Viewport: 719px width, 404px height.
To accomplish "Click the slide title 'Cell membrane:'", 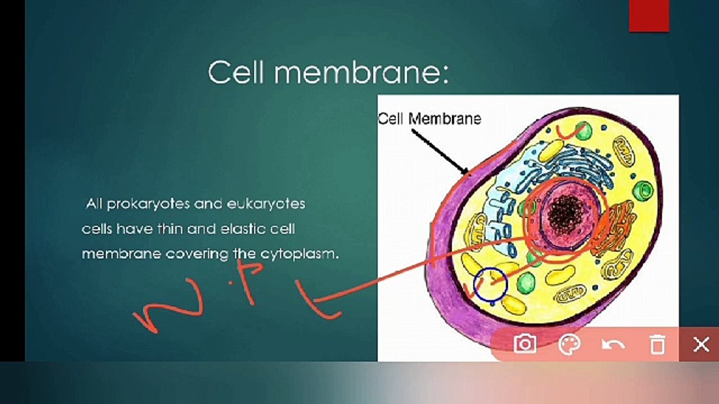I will pos(328,73).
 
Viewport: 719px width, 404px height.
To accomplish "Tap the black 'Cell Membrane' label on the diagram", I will pos(429,119).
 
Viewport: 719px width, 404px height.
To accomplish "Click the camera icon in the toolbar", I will pos(525,343).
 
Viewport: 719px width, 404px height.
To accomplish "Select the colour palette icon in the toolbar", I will pos(570,344).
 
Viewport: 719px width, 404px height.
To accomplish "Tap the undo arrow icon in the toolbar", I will pos(613,344).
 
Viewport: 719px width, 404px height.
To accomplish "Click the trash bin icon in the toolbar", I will pos(657,344).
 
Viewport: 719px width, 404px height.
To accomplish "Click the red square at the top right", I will pos(649,16).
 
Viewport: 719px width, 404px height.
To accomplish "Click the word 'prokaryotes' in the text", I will pos(147,204).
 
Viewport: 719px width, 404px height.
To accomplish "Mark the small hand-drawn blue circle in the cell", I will pos(490,284).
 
